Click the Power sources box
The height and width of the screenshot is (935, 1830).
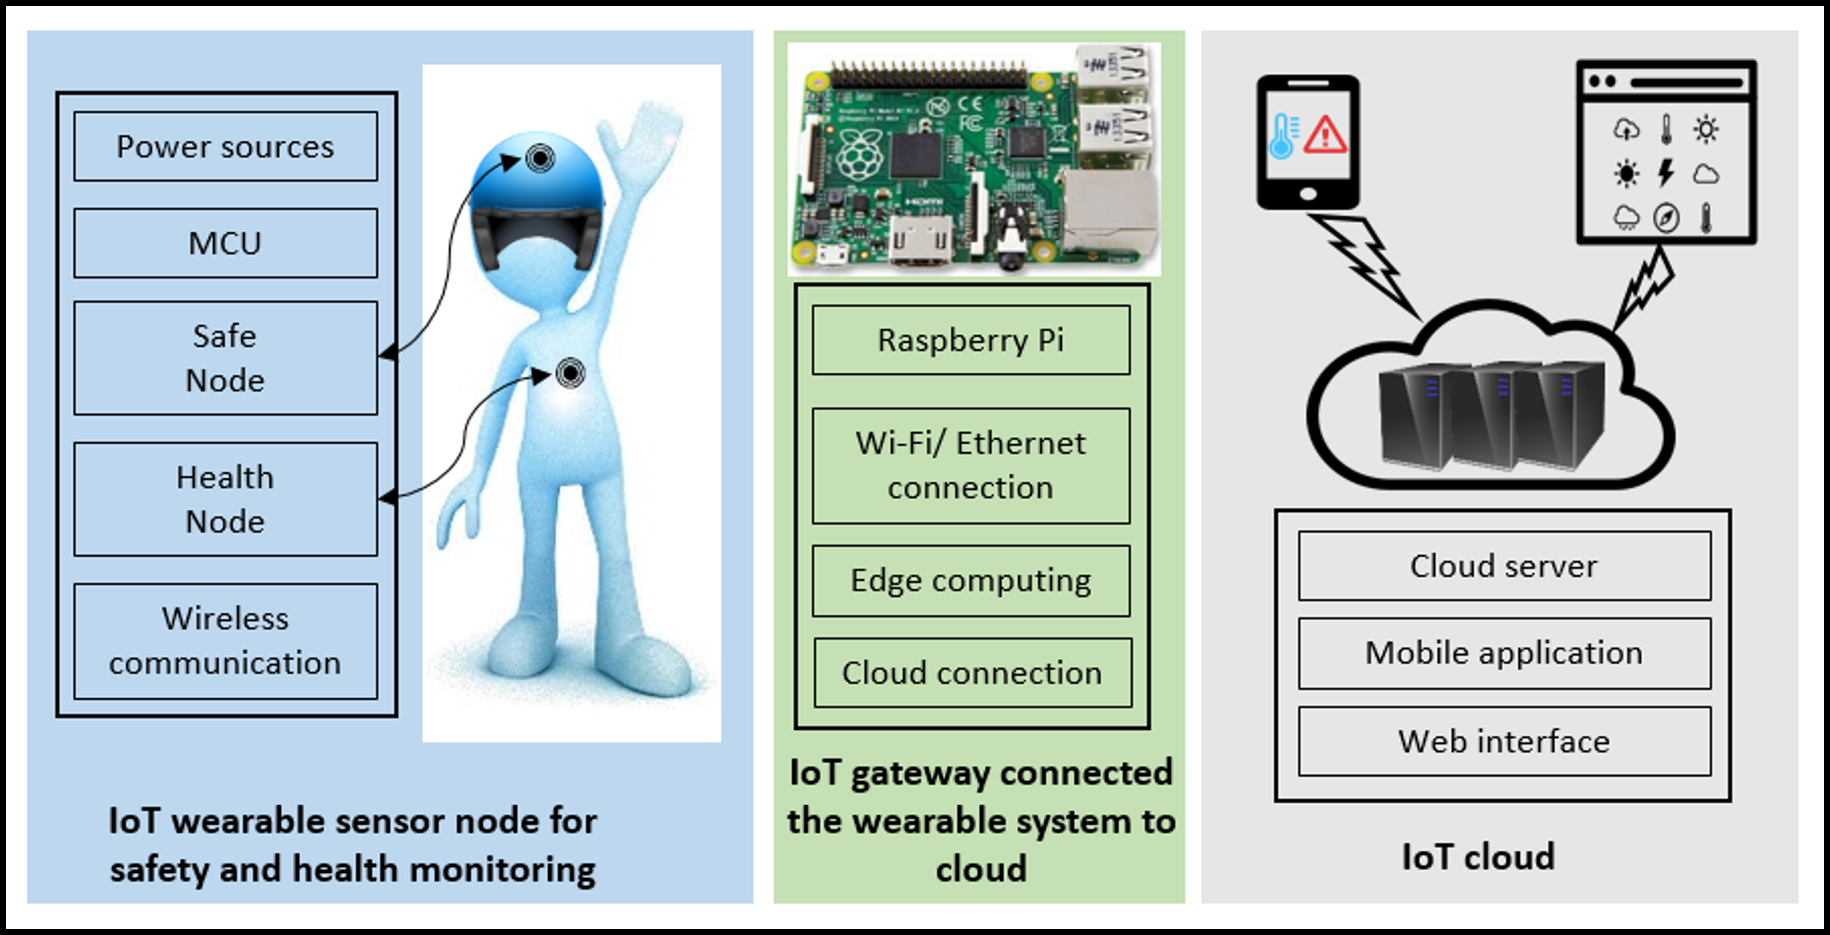(225, 146)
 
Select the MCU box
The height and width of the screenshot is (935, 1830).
(225, 243)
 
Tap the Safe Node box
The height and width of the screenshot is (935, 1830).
(225, 358)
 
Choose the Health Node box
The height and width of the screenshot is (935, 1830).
(225, 499)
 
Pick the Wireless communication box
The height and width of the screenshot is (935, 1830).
(225, 641)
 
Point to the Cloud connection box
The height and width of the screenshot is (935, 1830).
(972, 673)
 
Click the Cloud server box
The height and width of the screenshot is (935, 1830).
(1504, 566)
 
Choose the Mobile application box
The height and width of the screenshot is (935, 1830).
(1504, 653)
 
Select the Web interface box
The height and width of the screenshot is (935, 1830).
(1504, 741)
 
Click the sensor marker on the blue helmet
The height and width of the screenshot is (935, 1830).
(540, 157)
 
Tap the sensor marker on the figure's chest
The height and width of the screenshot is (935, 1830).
(570, 372)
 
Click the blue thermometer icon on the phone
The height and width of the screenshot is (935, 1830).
(1282, 136)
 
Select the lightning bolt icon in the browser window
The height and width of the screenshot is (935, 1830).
(1666, 173)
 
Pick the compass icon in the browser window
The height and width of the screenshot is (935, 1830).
(1666, 217)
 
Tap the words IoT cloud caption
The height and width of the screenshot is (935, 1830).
(1478, 857)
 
